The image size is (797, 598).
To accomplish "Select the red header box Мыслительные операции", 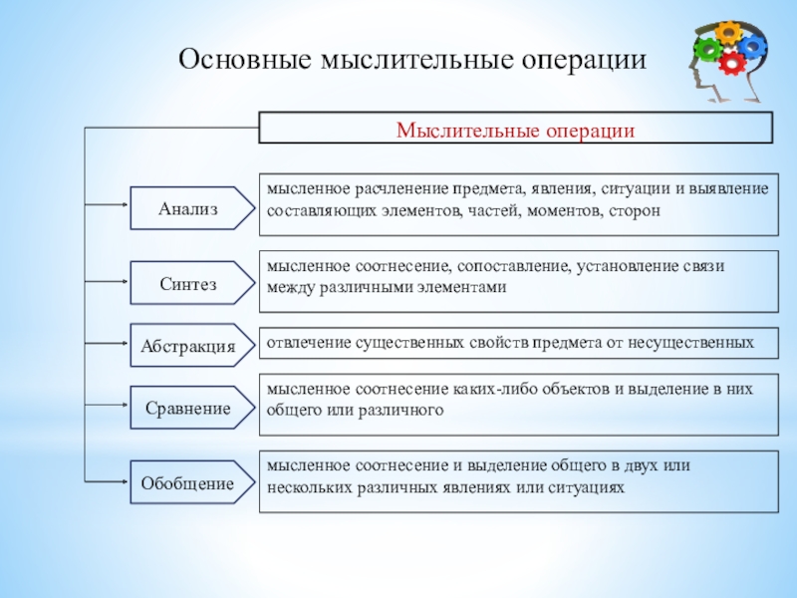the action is pyautogui.click(x=515, y=129).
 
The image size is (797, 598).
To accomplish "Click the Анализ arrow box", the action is pyautogui.click(x=190, y=208).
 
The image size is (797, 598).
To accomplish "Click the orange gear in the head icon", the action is pyautogui.click(x=730, y=30).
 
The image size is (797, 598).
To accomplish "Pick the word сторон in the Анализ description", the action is pyautogui.click(x=634, y=211).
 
